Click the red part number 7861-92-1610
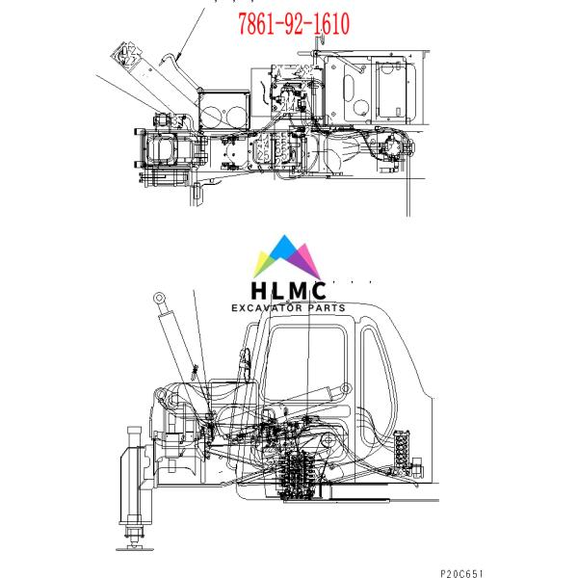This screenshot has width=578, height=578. point(294,23)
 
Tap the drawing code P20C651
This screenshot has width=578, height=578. point(461,573)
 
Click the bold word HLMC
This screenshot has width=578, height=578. point(289,291)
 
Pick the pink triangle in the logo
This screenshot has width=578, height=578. point(308,258)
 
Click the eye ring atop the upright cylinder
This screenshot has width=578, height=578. point(159,298)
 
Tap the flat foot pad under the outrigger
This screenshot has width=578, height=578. point(135,549)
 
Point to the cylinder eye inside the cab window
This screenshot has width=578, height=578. point(346,388)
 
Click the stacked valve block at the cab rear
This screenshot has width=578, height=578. point(402,449)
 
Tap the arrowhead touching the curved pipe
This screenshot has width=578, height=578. point(179,57)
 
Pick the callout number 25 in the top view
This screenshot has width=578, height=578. point(264,155)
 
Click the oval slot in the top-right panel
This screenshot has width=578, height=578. point(349,89)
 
